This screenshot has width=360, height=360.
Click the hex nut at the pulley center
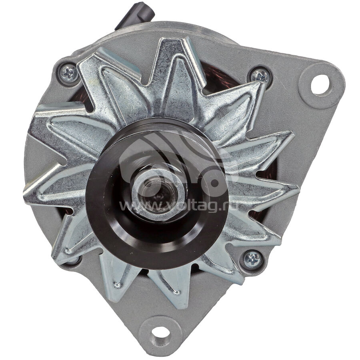coord(159,192)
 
